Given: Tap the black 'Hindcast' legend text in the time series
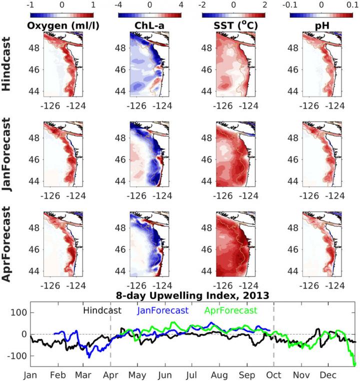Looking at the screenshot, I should [x=102, y=310].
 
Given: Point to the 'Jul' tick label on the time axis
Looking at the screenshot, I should [x=191, y=374].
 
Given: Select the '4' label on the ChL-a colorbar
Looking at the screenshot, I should [x=181, y=4].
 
